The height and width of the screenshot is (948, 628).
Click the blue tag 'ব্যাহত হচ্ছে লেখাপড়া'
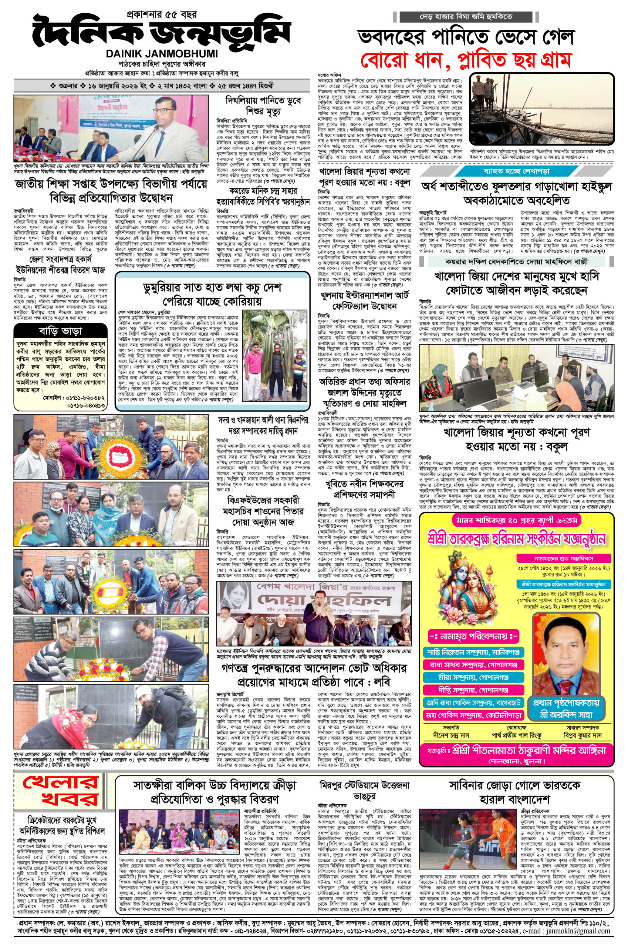(517, 171)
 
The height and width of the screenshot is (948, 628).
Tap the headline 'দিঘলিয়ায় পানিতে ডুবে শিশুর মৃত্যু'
(263, 105)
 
